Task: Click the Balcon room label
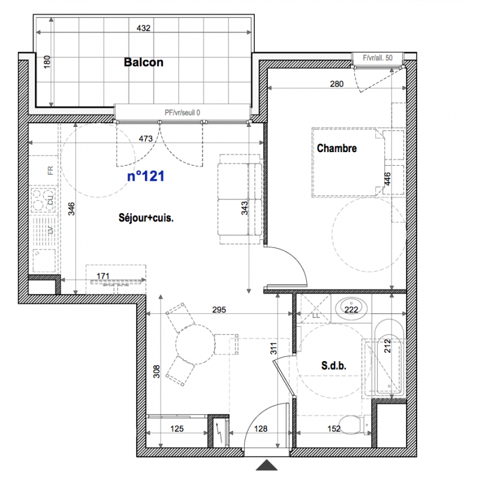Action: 143,62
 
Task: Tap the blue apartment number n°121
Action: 146,176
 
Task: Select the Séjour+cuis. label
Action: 146,218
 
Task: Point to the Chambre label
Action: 337,148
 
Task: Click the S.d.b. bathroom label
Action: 334,365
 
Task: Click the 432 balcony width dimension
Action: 143,28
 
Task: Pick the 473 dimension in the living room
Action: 146,139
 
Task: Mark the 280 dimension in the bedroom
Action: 337,84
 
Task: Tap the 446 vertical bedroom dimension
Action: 387,178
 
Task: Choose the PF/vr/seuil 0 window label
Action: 182,113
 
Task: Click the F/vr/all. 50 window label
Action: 378,57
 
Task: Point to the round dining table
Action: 195,344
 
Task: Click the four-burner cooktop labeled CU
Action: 44,199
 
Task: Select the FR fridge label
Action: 50,171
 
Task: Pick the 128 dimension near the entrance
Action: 261,429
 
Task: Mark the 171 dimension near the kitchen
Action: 103,277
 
